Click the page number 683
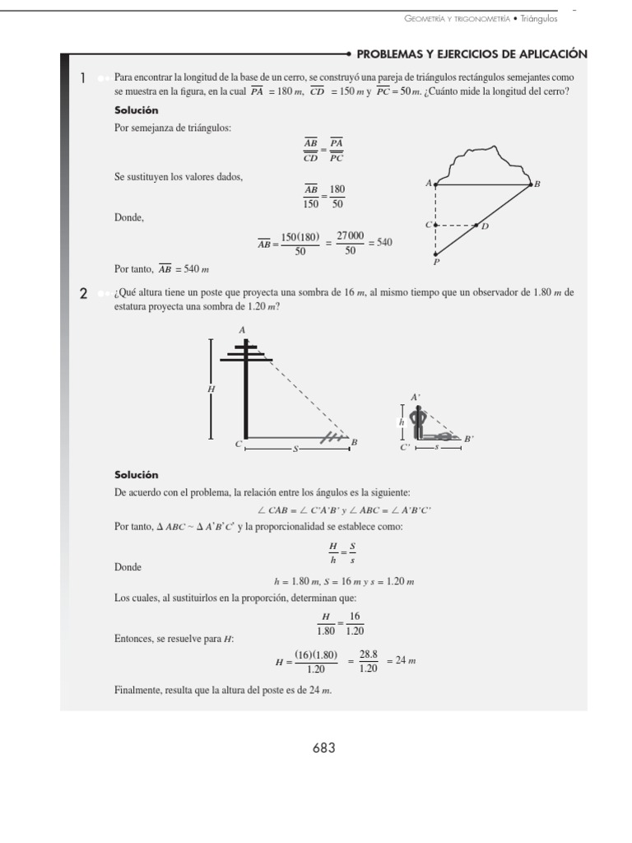click(x=323, y=748)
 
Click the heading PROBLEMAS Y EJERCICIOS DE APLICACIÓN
click(x=472, y=54)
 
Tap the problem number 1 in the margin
click(x=83, y=79)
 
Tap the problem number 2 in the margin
click(x=83, y=294)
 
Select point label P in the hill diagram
click(x=435, y=263)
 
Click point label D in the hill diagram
click(x=485, y=226)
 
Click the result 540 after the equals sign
click(x=384, y=243)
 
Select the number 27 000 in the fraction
click(x=350, y=235)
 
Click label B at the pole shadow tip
click(x=354, y=443)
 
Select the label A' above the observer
click(x=416, y=398)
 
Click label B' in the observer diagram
click(x=468, y=440)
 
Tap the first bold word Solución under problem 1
click(x=136, y=110)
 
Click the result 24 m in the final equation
click(x=403, y=661)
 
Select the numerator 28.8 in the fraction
click(x=368, y=654)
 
